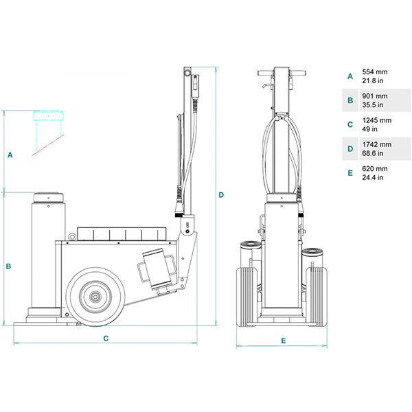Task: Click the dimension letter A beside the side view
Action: [10, 155]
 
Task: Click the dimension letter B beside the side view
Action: [8, 266]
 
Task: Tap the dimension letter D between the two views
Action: [221, 195]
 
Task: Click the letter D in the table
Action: [350, 149]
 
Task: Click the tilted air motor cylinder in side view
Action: [157, 268]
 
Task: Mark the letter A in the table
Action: [350, 76]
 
